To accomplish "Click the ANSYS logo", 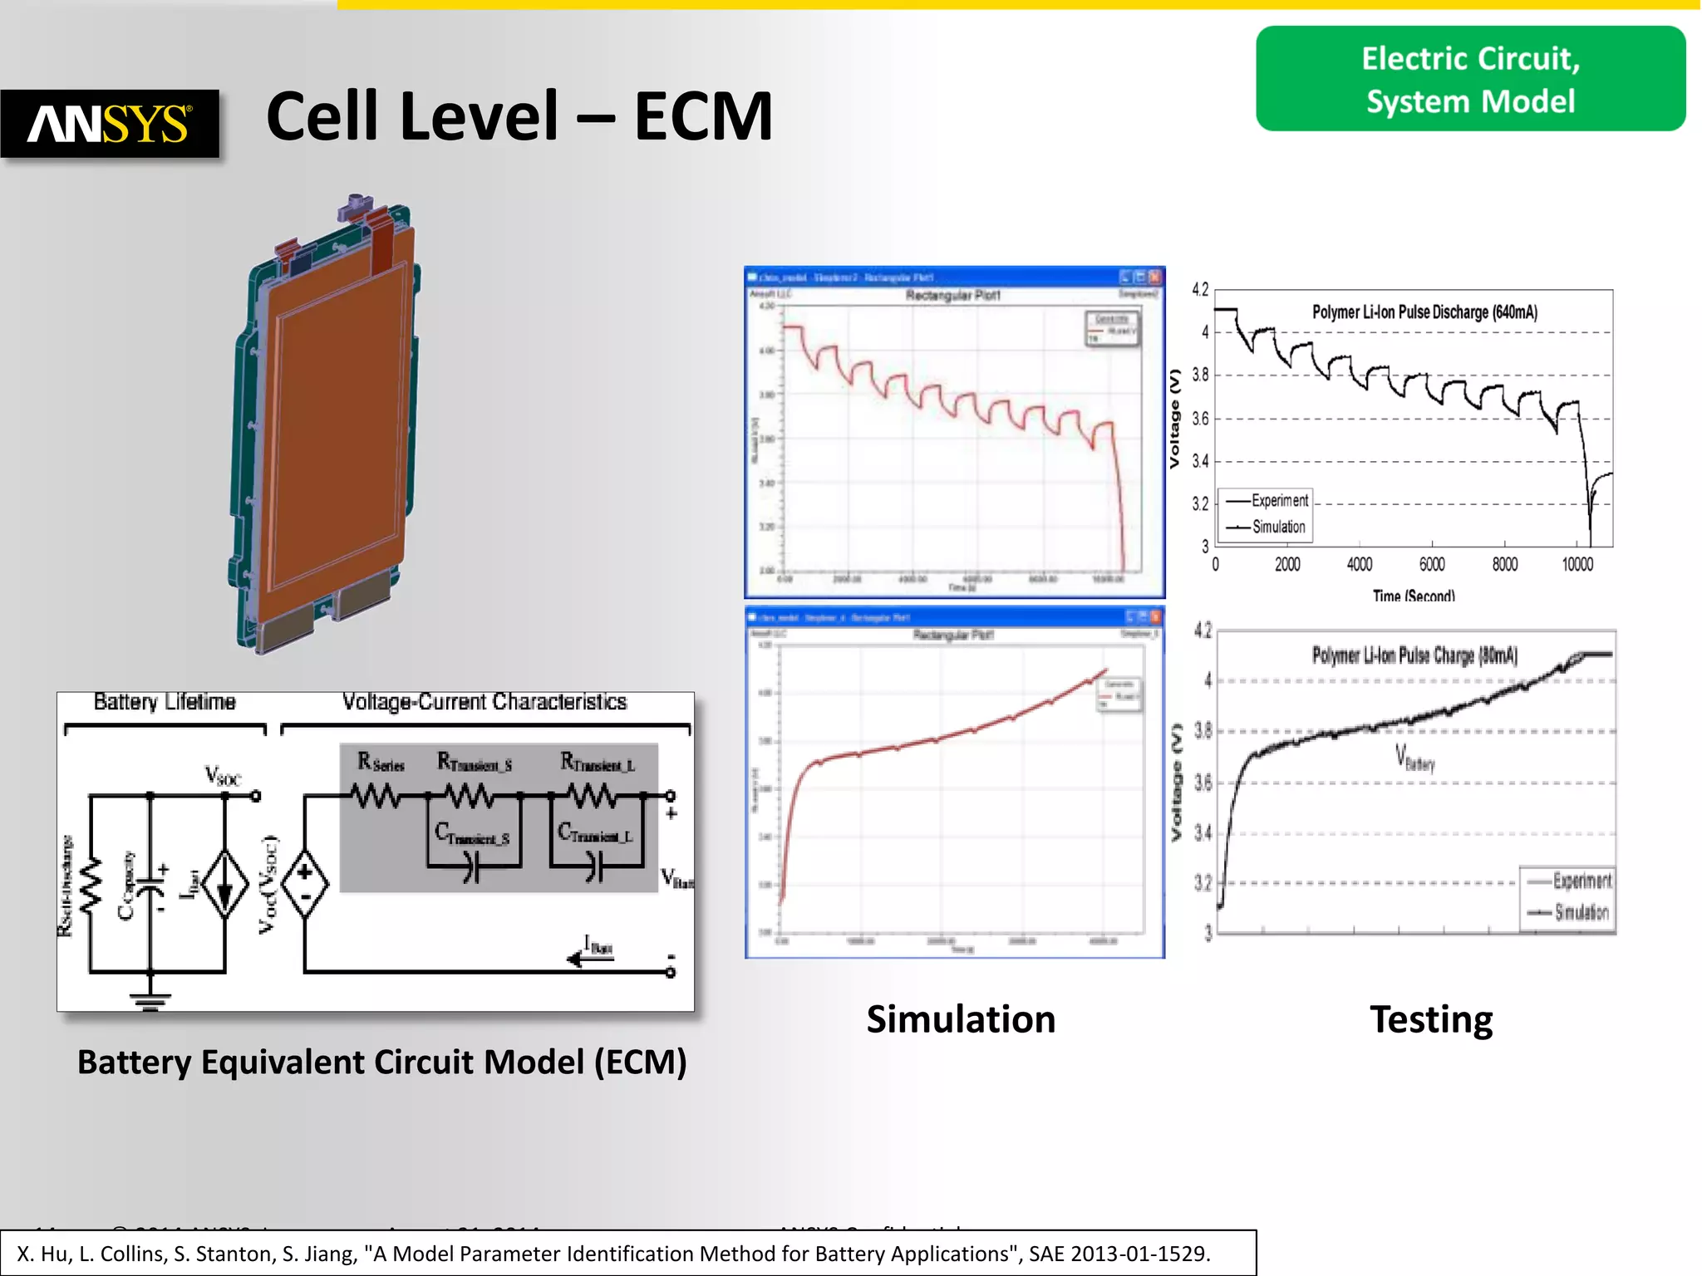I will [x=110, y=124].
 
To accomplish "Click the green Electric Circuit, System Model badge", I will [x=1470, y=79].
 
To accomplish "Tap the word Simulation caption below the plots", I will [x=961, y=1019].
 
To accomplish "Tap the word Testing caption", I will [x=1431, y=1019].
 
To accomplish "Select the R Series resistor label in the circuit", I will [x=381, y=762].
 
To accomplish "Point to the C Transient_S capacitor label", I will [x=472, y=834].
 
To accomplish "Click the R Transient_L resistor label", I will [x=598, y=762].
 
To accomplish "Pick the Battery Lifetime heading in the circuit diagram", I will [x=165, y=702].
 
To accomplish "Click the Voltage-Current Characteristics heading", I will [x=485, y=702].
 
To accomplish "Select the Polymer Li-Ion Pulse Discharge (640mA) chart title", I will [x=1424, y=312].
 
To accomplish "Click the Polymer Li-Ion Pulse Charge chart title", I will [x=1414, y=655].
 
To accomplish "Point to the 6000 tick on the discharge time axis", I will [x=1432, y=565].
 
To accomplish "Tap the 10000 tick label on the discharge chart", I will [x=1577, y=565].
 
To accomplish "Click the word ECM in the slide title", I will [x=703, y=116].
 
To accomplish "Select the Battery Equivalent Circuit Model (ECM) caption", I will [x=382, y=1063].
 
